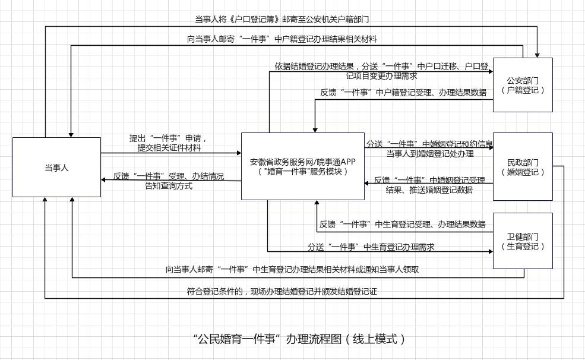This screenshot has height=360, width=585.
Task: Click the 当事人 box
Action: click(56, 168)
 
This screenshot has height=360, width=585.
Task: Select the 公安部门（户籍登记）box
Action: click(523, 85)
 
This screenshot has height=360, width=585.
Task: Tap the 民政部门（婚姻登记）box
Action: click(523, 167)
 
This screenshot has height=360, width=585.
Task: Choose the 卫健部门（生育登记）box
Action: click(523, 241)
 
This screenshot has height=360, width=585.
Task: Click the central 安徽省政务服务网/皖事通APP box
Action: click(302, 166)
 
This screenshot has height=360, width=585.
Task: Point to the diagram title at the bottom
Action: click(301, 339)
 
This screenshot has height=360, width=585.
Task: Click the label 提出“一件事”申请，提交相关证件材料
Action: click(169, 143)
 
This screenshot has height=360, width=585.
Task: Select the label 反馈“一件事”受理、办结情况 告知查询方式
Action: click(169, 181)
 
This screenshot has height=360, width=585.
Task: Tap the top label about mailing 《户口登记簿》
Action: click(282, 20)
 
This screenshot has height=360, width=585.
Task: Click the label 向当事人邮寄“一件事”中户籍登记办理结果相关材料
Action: click(282, 39)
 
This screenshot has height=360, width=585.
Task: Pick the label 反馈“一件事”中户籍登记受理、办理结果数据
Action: click(403, 93)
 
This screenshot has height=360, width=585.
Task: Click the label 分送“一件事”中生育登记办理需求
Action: click(371, 247)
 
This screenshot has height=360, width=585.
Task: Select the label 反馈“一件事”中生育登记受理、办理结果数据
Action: click(403, 225)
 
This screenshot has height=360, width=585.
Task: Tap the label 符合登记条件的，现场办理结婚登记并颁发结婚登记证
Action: click(282, 292)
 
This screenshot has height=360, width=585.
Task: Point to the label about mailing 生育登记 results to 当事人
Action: click(292, 270)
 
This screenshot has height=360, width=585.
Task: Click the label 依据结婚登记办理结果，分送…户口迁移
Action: click(381, 71)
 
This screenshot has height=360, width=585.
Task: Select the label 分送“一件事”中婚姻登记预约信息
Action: click(429, 149)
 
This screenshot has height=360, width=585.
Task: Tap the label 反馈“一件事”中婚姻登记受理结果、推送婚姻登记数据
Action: click(429, 185)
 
